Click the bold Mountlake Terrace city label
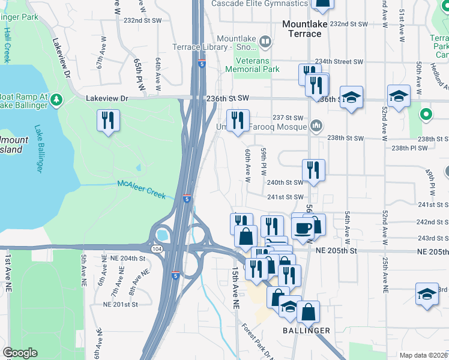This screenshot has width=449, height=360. click(303, 29)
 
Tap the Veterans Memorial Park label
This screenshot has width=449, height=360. click(252, 65)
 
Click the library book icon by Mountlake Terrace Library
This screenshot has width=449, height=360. click(265, 42)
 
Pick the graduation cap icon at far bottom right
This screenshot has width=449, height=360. click(426, 295)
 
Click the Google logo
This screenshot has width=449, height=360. click(20, 353)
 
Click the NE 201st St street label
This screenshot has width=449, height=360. click(121, 304)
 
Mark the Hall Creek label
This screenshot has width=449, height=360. click(7, 44)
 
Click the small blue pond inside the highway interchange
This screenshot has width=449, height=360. click(161, 234)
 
